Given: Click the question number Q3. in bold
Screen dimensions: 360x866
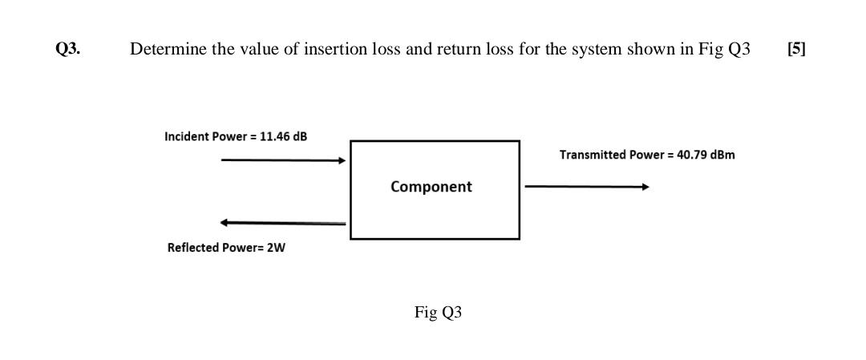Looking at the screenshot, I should [x=67, y=50].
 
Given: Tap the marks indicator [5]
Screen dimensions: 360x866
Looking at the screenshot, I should [x=796, y=50].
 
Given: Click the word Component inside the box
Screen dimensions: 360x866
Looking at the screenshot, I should [x=431, y=187].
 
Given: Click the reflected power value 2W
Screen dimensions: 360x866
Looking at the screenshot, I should [x=275, y=248].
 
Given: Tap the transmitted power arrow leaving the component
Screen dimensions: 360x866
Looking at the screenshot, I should [x=585, y=187].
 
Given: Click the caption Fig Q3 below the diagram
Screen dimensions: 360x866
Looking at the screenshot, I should [x=438, y=313].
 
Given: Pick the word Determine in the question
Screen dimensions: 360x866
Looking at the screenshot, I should [x=164, y=50].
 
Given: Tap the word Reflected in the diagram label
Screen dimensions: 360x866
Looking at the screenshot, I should [x=192, y=248].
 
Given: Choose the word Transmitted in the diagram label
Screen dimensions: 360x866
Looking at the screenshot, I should [x=593, y=154].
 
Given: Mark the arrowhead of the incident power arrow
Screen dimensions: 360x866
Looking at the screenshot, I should [x=342, y=160].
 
